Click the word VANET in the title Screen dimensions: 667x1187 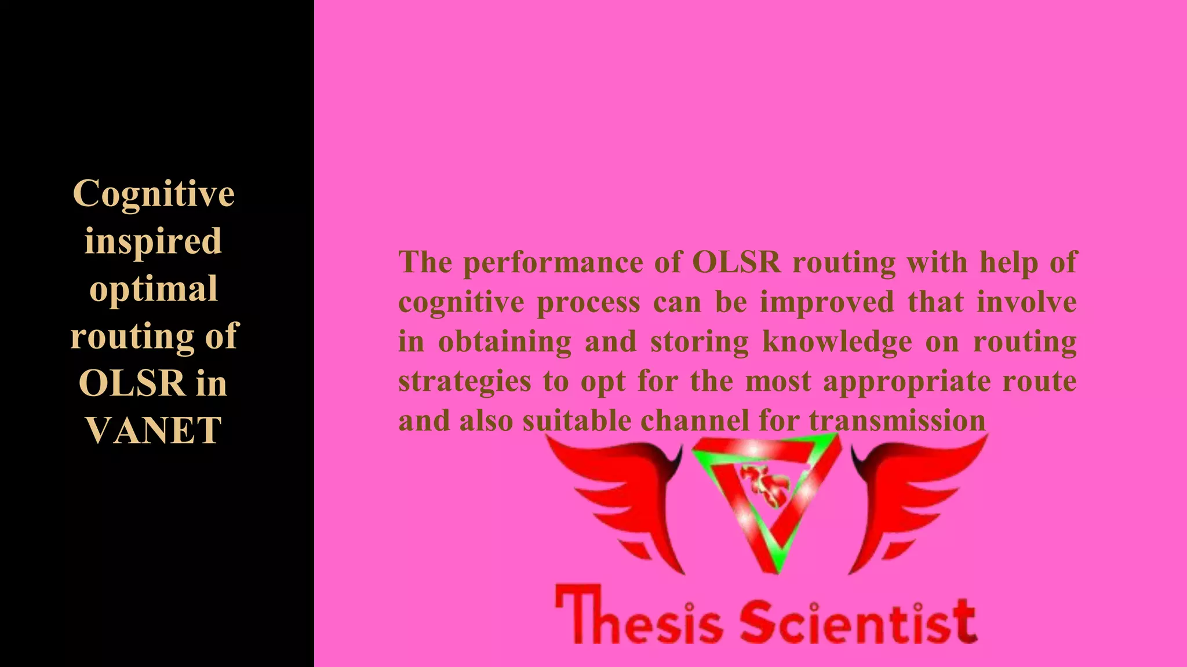[154, 430]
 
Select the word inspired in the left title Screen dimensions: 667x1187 [153, 241]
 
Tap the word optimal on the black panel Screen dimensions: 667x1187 [154, 288]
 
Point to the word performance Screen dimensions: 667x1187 [553, 263]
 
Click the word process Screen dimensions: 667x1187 [588, 302]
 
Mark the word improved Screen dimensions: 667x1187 [827, 302]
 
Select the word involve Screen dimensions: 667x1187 [1026, 302]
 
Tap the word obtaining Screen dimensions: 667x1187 [505, 342]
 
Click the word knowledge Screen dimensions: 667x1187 [837, 342]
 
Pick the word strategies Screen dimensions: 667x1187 [464, 382]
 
